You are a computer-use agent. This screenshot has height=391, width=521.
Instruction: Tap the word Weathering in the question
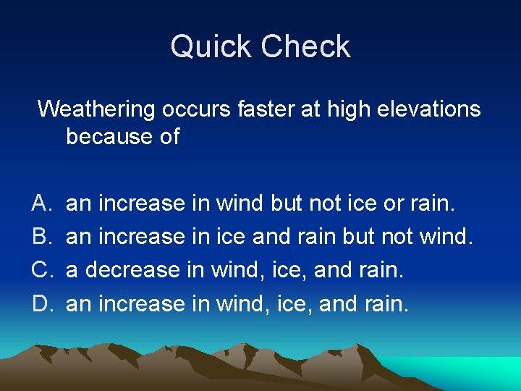96,109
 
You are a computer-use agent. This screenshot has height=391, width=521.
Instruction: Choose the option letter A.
41,203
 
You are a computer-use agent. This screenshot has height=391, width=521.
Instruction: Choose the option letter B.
41,237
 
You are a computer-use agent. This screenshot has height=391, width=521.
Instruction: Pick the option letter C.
41,270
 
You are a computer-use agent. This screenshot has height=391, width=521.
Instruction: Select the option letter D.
41,303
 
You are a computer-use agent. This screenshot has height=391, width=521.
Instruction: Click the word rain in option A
432,203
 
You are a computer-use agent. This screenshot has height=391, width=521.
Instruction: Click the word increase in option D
141,303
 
